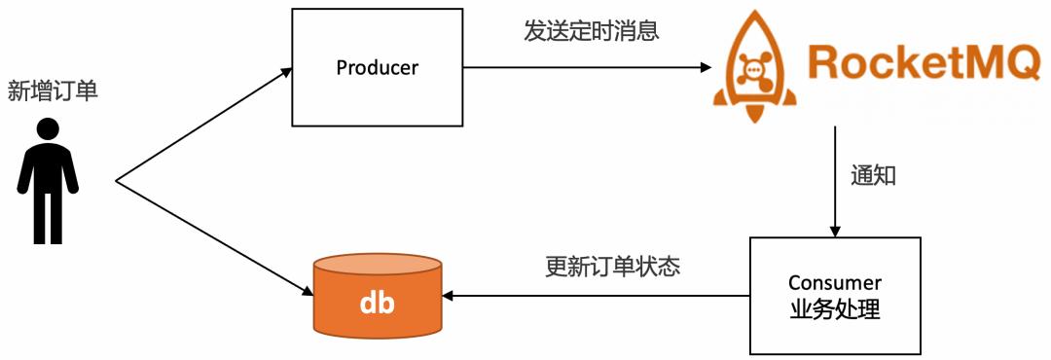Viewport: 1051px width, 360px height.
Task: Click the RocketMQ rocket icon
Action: pos(754,69)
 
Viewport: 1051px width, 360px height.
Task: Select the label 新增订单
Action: pos(53,91)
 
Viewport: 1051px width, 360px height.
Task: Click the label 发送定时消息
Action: pos(592,31)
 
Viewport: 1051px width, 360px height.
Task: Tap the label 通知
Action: pos(872,176)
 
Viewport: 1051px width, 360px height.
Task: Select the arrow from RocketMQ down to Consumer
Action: pos(834,180)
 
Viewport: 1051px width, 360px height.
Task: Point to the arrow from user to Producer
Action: pos(204,125)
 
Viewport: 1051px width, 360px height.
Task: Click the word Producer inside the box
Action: pos(377,67)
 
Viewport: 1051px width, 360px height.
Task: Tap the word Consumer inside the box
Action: pos(834,283)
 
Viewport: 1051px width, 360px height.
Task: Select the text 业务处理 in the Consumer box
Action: pos(834,310)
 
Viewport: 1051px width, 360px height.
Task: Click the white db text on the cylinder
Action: pos(377,303)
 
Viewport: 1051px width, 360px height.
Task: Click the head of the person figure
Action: pos(48,128)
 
